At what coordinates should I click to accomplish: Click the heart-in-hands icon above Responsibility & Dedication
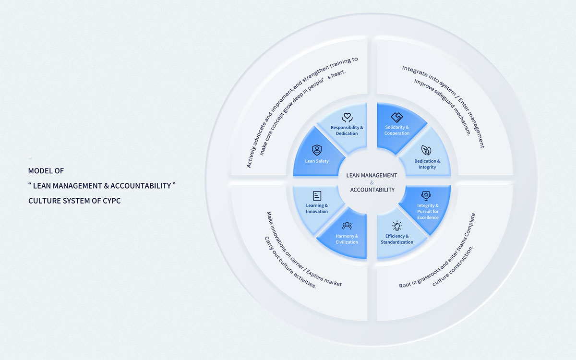coord(347,117)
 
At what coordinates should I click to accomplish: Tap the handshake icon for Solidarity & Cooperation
coord(396,117)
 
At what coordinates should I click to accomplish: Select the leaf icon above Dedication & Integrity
coord(426,150)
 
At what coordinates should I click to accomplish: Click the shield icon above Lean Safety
coord(317,150)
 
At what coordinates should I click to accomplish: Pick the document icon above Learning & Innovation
coord(317,195)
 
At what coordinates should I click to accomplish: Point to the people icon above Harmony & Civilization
coord(347,225)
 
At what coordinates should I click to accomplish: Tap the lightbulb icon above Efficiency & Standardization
coord(397,225)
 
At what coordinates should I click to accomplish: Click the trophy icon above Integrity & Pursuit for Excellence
coord(426,195)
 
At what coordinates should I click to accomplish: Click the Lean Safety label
coord(317,161)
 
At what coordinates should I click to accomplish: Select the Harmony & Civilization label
coord(347,239)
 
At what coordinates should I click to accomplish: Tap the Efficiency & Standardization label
coord(397,239)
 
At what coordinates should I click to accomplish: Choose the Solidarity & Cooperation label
coord(397,130)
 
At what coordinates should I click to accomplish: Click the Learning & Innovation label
coord(317,209)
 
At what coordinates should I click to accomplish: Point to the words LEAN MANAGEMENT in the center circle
coord(372,176)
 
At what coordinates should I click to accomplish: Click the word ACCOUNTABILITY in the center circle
coord(372,190)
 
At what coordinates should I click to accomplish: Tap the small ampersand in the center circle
coord(372,183)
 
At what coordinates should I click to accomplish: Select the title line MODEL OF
coord(46,170)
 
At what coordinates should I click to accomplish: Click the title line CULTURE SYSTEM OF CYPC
coord(74,201)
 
